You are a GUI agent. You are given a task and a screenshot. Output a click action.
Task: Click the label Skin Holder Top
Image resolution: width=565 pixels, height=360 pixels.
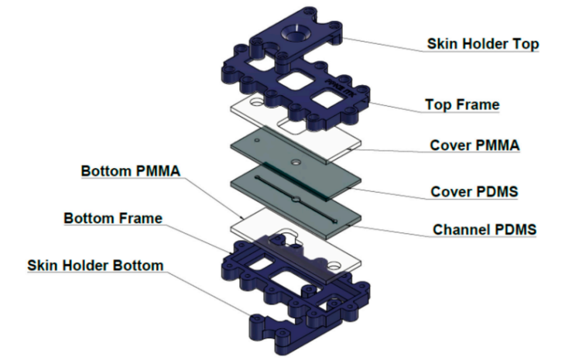click(483, 44)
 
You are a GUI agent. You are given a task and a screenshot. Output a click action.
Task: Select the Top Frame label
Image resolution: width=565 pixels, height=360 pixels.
click(462, 104)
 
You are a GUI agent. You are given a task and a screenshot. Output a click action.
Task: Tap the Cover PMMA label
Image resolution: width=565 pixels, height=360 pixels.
click(473, 146)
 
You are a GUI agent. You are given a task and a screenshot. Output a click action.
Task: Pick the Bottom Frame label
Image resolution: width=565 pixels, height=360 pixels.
click(113, 218)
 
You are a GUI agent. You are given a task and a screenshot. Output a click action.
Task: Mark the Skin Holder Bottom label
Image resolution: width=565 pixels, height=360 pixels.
click(95, 266)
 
